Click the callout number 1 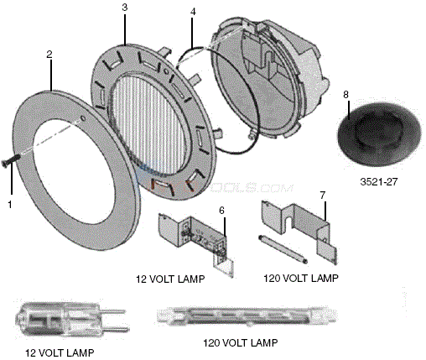pos(10,203)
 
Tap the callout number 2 pos(49,54)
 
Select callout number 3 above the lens pos(124,8)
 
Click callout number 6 pos(221,209)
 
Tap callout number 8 pos(345,95)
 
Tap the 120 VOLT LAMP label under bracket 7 pos(298,276)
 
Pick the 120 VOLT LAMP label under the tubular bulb pos(241,343)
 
